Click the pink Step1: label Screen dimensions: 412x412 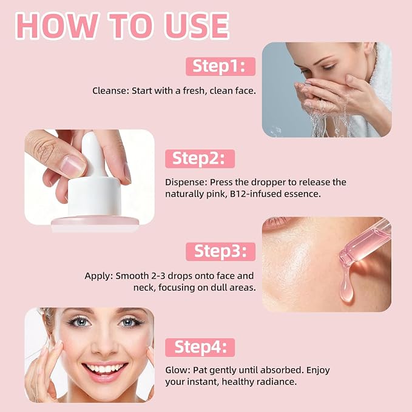(220, 67)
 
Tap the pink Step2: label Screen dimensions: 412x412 (200, 159)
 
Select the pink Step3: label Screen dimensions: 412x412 (220, 251)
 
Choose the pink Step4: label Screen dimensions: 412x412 (200, 347)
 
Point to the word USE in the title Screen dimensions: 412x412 (197, 26)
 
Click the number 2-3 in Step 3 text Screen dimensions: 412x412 (158, 276)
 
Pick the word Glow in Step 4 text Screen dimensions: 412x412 (177, 370)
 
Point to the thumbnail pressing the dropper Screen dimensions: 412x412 (73, 166)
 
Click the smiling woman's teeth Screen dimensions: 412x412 (104, 369)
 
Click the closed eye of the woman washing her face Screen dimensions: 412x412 (328, 67)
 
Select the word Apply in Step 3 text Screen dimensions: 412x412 (99, 276)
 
